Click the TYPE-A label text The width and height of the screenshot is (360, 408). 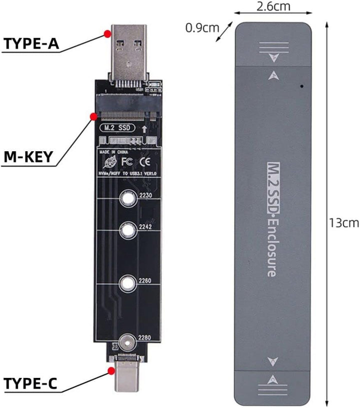(x=31, y=44)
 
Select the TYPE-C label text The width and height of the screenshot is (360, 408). (x=30, y=384)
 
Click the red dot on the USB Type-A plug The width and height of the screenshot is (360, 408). (x=107, y=34)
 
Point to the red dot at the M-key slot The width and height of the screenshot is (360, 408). (x=93, y=117)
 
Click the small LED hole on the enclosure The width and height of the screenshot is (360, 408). (x=302, y=86)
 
